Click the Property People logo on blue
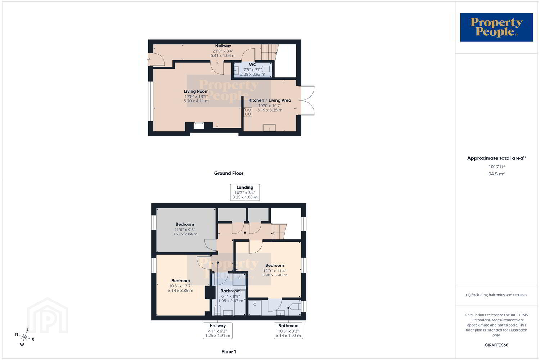pyautogui.click(x=496, y=27)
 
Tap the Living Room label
pyautogui.click(x=196, y=91)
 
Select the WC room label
pyautogui.click(x=253, y=64)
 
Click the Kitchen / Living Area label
pyautogui.click(x=270, y=100)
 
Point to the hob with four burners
pyautogui.click(x=248, y=112)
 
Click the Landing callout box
pyautogui.click(x=245, y=192)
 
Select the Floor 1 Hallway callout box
pyautogui.click(x=218, y=330)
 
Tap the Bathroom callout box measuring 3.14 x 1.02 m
pyautogui.click(x=288, y=330)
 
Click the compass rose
pyautogui.click(x=25, y=337)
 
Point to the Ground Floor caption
pyautogui.click(x=229, y=173)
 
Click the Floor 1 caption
pyautogui.click(x=229, y=352)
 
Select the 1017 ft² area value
pyautogui.click(x=496, y=166)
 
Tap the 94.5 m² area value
pyautogui.click(x=496, y=174)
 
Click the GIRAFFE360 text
pyautogui.click(x=496, y=345)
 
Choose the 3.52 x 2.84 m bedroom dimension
pyautogui.click(x=185, y=234)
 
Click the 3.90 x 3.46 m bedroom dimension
pyautogui.click(x=275, y=275)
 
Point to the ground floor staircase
pyautogui.click(x=269, y=52)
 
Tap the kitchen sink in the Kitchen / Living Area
pyautogui.click(x=269, y=127)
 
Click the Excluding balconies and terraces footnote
pyautogui.click(x=496, y=295)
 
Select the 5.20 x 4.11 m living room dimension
pyautogui.click(x=196, y=101)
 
